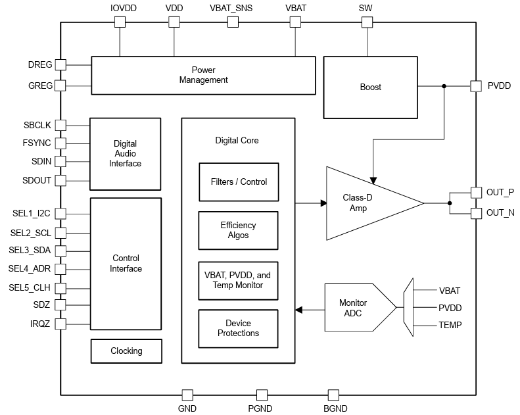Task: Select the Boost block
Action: point(370,87)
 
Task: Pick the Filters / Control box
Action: point(238,182)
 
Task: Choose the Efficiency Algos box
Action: point(238,230)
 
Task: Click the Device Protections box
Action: point(238,328)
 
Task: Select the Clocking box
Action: point(126,351)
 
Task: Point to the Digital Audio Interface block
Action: point(125,153)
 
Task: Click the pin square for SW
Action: point(366,22)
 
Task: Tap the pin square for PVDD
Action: point(476,86)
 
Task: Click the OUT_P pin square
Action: point(476,193)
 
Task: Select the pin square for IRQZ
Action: point(60,324)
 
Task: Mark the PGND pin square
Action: point(262,395)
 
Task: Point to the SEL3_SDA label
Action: point(30,251)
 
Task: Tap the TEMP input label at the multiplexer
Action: point(450,325)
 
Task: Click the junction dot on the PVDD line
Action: point(444,86)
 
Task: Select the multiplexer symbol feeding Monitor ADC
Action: point(408,308)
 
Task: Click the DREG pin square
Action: point(60,65)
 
